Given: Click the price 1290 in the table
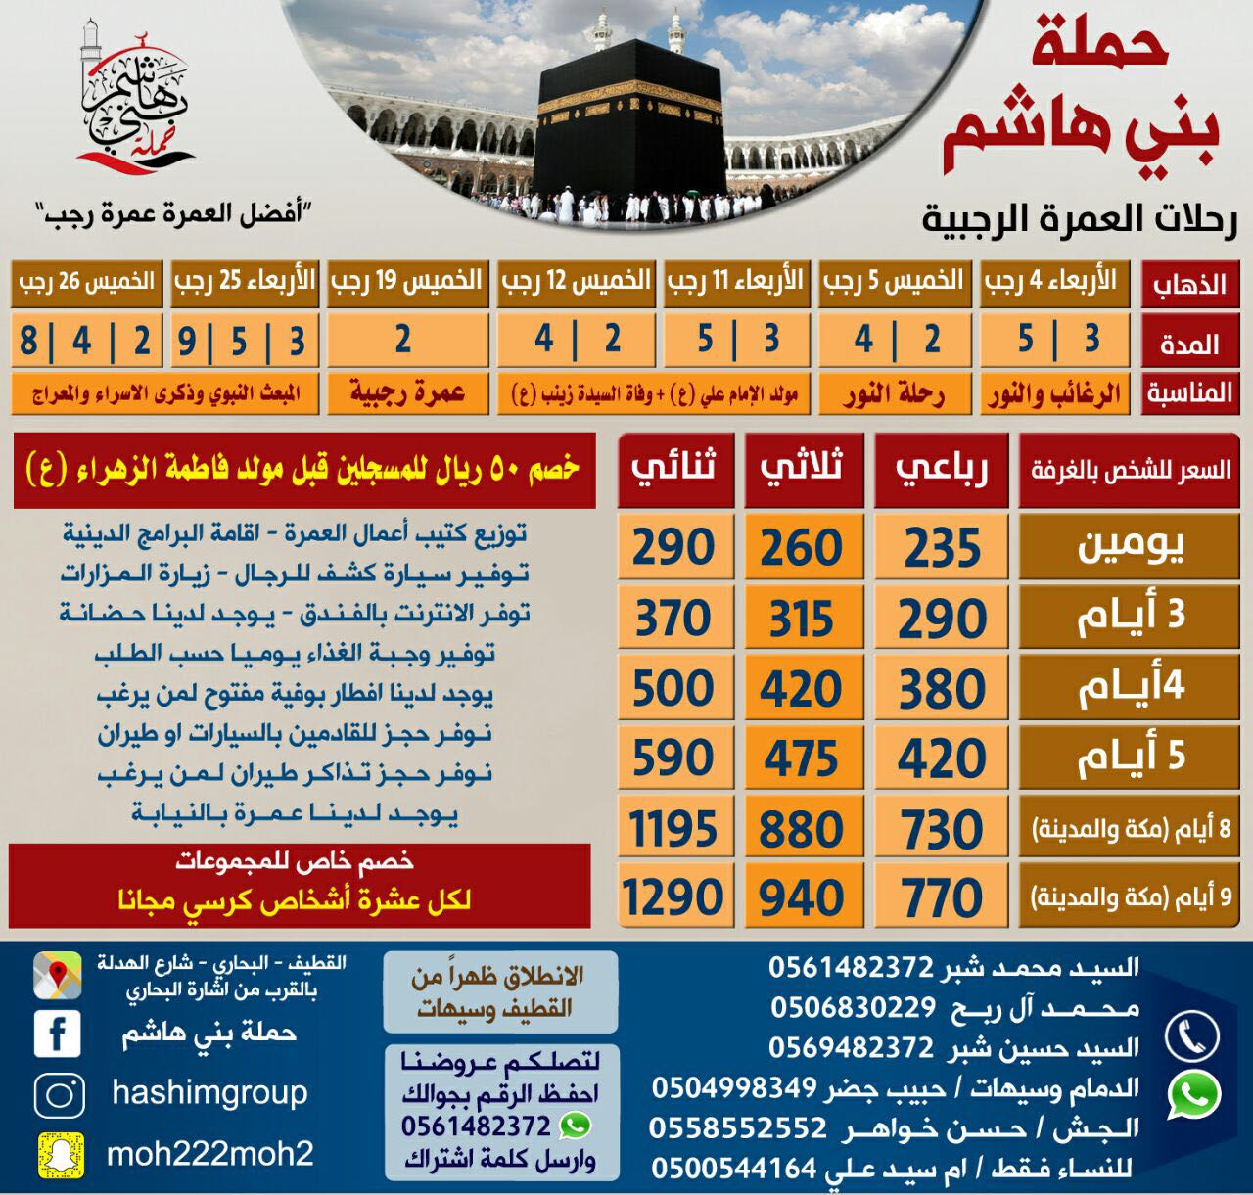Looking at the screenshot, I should (673, 896).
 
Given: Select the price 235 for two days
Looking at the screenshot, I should (942, 548).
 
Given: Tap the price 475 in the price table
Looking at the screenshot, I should (802, 759).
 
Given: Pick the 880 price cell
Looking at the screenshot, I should (802, 830).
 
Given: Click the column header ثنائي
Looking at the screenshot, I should (673, 468).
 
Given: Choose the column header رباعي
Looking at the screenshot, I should (942, 468).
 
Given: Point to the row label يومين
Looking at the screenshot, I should (1131, 548).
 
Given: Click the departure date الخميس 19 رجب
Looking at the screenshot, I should (406, 282).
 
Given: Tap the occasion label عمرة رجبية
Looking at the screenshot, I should (406, 394).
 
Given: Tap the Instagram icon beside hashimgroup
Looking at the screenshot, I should (59, 1093).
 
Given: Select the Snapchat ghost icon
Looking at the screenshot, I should (59, 1153).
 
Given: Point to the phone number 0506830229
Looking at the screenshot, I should (852, 1008).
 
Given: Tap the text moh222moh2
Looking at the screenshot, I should (209, 1154).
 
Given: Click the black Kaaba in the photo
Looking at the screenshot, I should (628, 117).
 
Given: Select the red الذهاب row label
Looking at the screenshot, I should (1189, 285).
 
